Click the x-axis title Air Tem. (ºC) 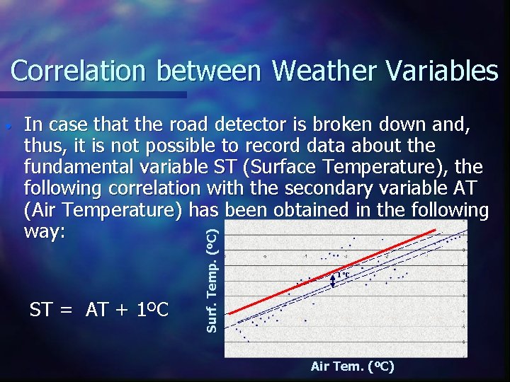[x=352, y=366]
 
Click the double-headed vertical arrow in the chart [x=333, y=282]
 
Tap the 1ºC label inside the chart [x=343, y=274]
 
